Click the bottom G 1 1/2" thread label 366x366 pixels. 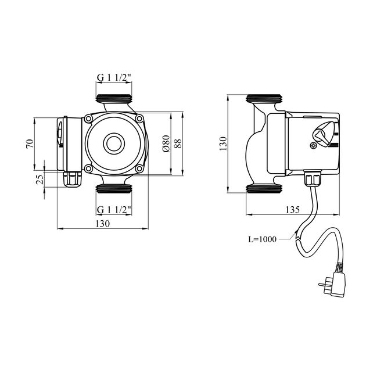point(114,209)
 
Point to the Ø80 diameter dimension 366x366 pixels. point(166,144)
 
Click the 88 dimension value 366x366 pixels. point(178,143)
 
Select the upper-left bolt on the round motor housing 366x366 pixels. point(88,119)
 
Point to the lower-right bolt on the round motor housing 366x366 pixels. point(140,168)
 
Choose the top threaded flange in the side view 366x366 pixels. point(264,98)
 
